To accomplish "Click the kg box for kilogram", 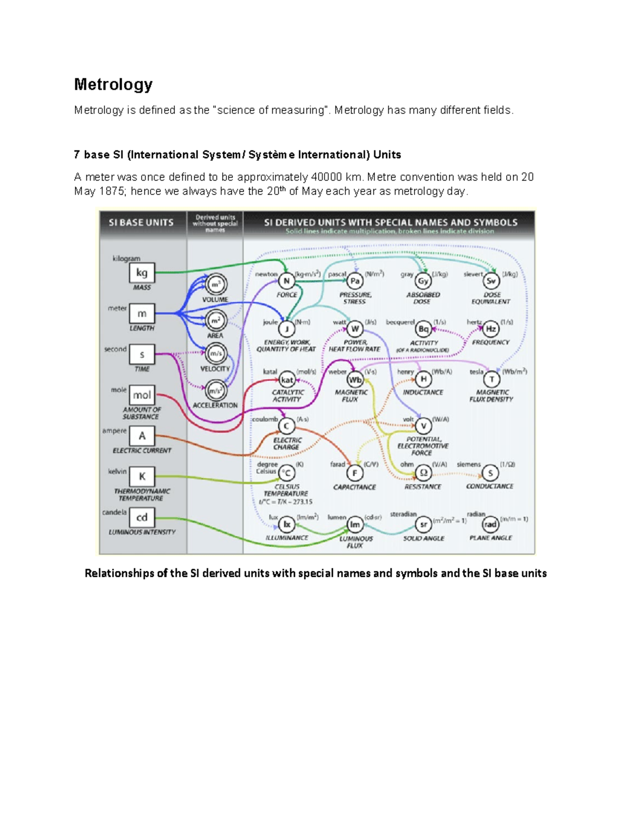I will [x=142, y=273].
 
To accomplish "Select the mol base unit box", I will [x=142, y=395].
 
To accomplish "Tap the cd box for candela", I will [x=142, y=517].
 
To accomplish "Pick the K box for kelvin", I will [x=142, y=477].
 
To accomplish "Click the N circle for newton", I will [x=286, y=281].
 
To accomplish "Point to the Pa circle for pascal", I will [x=355, y=281].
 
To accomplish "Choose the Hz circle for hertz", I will [x=490, y=329].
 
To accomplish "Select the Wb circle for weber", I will [x=355, y=379].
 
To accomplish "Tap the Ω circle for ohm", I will [x=423, y=472].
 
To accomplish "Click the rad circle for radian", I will [x=490, y=525].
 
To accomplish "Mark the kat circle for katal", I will [x=287, y=379].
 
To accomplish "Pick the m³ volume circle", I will [x=215, y=284].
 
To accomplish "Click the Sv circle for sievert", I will [x=491, y=281].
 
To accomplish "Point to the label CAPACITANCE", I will [x=354, y=487].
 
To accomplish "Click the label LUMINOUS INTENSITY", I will [x=142, y=532].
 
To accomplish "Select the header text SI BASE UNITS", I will [x=141, y=223].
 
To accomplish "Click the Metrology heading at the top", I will [x=113, y=84].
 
